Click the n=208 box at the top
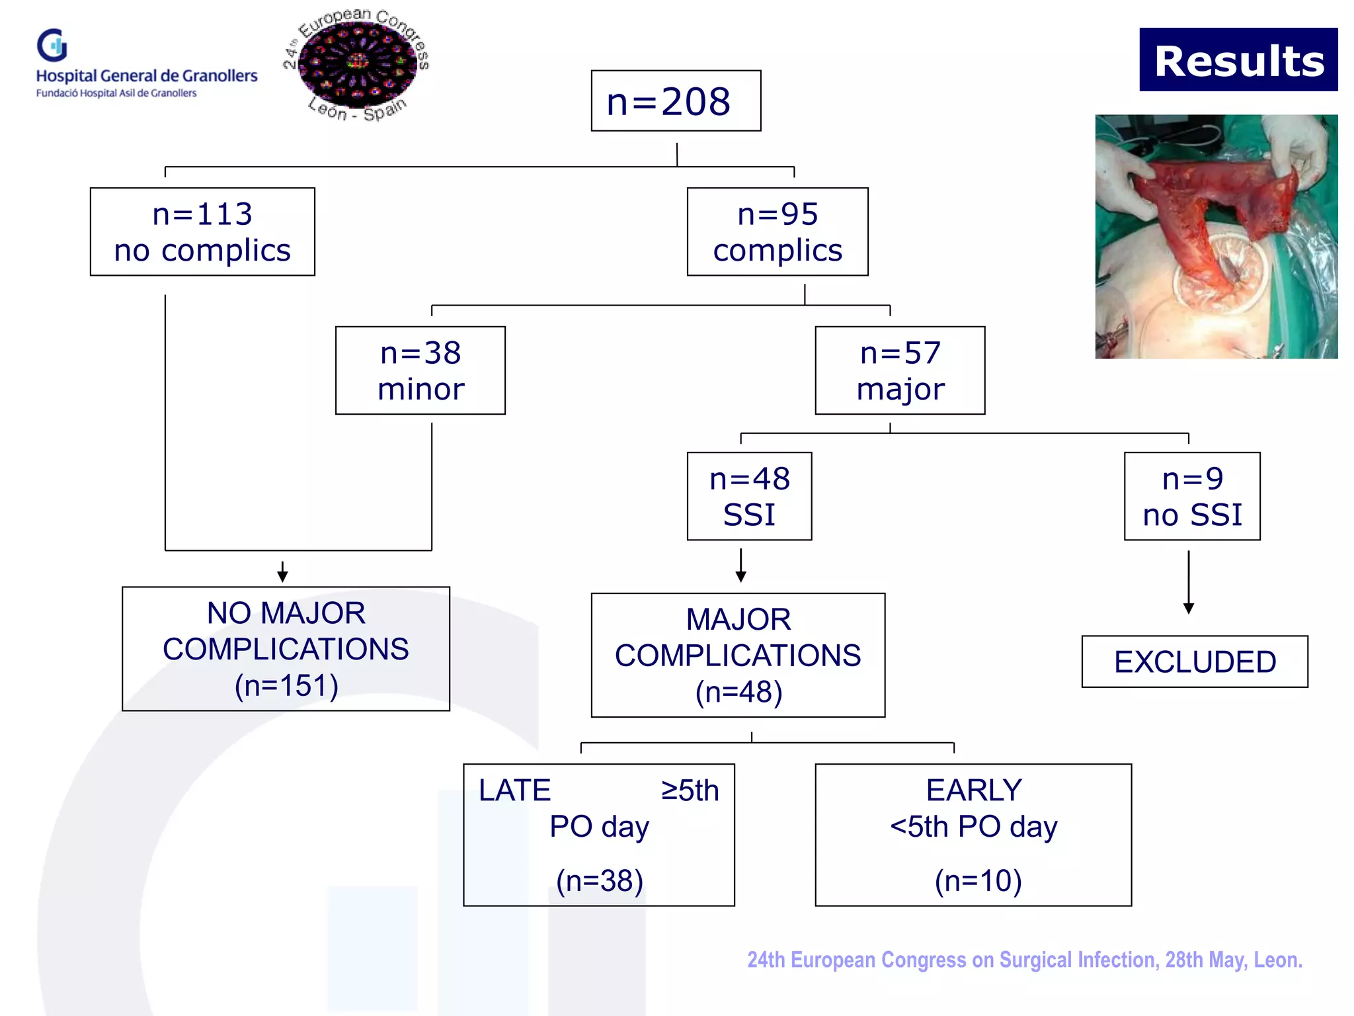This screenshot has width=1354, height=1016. click(676, 101)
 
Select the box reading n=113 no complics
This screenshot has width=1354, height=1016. click(202, 232)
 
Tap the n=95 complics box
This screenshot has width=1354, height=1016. click(777, 232)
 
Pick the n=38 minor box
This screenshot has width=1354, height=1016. click(420, 370)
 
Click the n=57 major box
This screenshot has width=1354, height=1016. click(900, 370)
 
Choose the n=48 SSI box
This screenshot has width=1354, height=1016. click(749, 496)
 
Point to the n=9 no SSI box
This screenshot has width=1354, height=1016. click(1192, 496)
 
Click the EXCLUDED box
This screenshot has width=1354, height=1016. click(1195, 661)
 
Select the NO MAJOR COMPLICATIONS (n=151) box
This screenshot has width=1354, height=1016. click(286, 649)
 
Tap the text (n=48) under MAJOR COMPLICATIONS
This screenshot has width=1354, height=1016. click(738, 692)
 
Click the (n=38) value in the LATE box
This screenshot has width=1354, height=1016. click(600, 880)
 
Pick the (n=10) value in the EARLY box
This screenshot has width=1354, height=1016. click(978, 880)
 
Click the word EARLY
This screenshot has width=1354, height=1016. click(974, 790)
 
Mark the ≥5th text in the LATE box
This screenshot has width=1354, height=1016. click(690, 790)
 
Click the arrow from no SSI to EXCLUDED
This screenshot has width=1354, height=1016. click(1189, 582)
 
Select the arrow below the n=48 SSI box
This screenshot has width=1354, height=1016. click(740, 566)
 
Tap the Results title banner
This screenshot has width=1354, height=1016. click(1238, 60)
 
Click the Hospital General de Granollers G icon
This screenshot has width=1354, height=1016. click(52, 45)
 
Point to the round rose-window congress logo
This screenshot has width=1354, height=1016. click(358, 64)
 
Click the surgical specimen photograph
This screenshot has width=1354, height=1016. click(1216, 237)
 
